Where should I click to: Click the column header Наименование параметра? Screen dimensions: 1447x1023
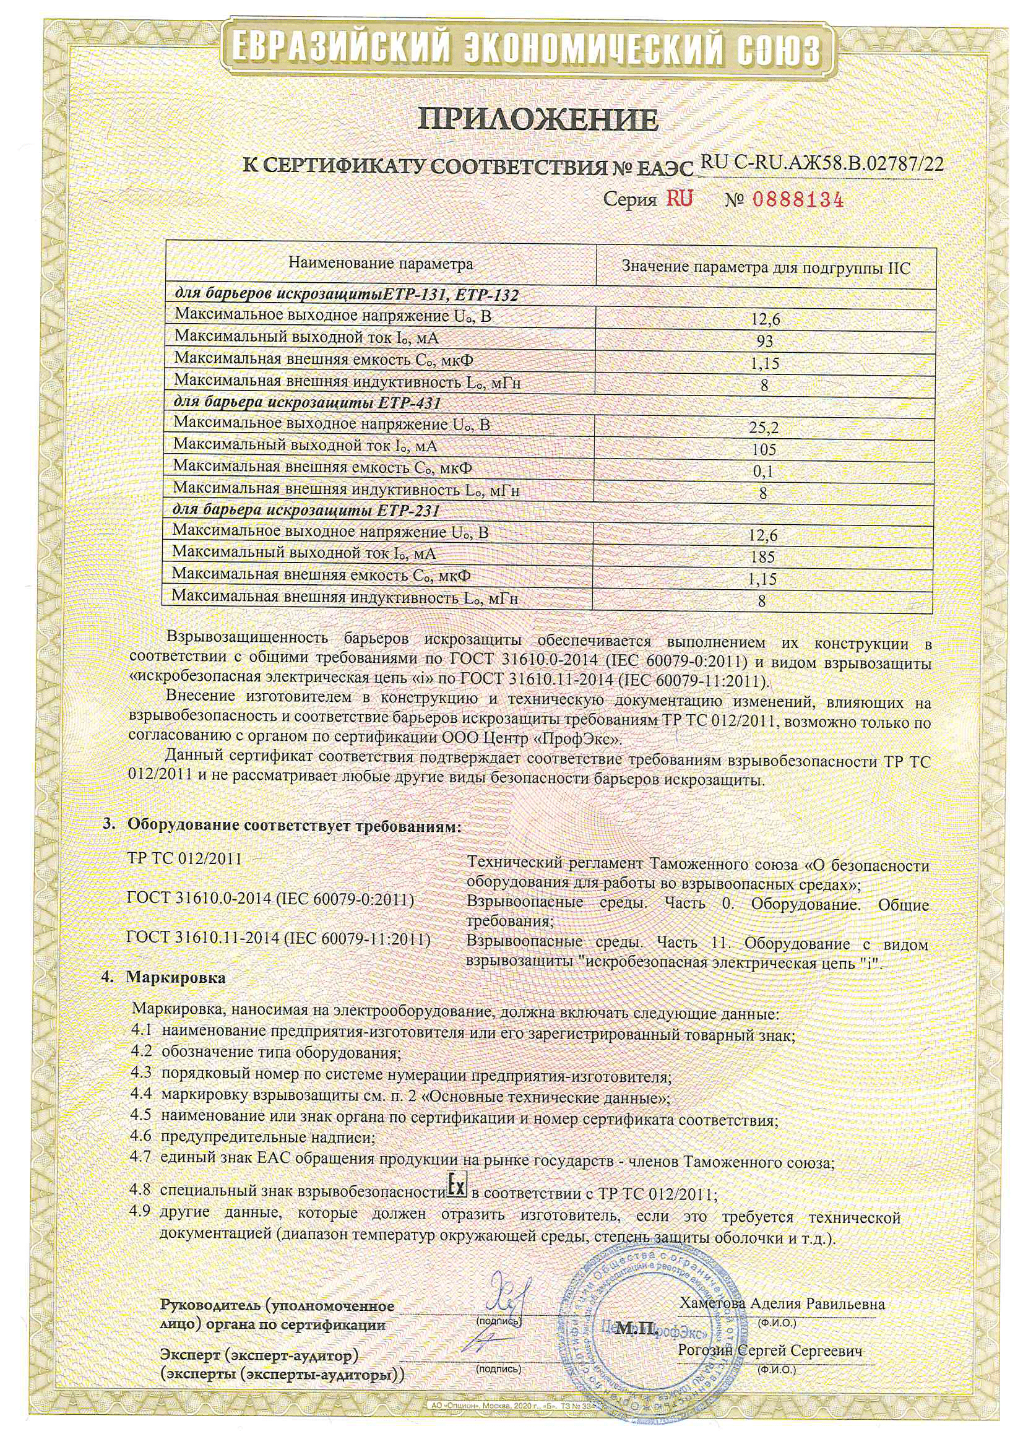point(380,264)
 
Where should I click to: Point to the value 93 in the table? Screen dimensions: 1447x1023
point(764,342)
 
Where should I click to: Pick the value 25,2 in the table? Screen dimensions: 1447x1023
point(764,428)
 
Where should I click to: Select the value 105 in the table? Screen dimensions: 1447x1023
point(764,450)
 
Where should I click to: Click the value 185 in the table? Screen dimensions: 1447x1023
point(762,557)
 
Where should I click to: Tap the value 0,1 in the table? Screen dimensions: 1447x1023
point(763,472)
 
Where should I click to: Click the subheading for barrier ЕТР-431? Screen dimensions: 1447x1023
point(306,403)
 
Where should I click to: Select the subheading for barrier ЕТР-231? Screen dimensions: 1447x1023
point(306,511)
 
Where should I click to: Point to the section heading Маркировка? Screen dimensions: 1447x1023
point(175,978)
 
